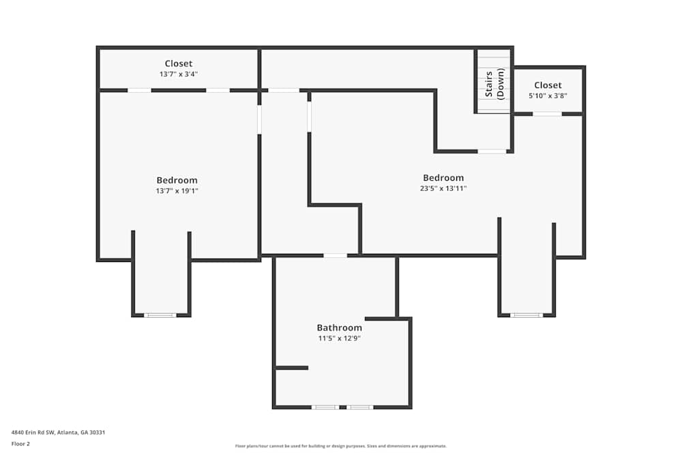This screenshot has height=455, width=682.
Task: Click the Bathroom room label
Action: [x=339, y=328]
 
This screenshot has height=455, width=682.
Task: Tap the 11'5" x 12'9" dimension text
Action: [x=339, y=338]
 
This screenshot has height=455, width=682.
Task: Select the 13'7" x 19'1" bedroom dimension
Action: [x=177, y=191]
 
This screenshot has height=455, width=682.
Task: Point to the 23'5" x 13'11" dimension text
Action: [x=443, y=188]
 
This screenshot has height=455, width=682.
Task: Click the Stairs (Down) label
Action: [x=494, y=84]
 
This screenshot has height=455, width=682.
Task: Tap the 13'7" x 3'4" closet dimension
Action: [x=179, y=74]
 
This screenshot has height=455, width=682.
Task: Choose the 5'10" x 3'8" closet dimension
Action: [x=548, y=96]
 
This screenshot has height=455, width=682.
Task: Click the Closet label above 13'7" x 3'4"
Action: [x=179, y=64]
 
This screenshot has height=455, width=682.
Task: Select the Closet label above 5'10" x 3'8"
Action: [x=548, y=85]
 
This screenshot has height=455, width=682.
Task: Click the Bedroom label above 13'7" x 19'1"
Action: [x=177, y=181]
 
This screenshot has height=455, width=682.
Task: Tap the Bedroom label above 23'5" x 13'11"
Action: [x=443, y=178]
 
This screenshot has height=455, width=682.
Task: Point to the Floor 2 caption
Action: [x=20, y=443]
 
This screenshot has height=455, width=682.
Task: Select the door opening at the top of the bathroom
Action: [x=335, y=256]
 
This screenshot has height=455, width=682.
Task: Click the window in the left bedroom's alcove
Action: [x=160, y=315]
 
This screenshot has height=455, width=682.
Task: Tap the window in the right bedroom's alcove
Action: [x=527, y=315]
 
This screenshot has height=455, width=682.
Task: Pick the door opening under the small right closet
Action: [x=547, y=114]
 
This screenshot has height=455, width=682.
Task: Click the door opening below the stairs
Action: [x=492, y=151]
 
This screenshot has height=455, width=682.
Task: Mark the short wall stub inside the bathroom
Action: [x=292, y=368]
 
